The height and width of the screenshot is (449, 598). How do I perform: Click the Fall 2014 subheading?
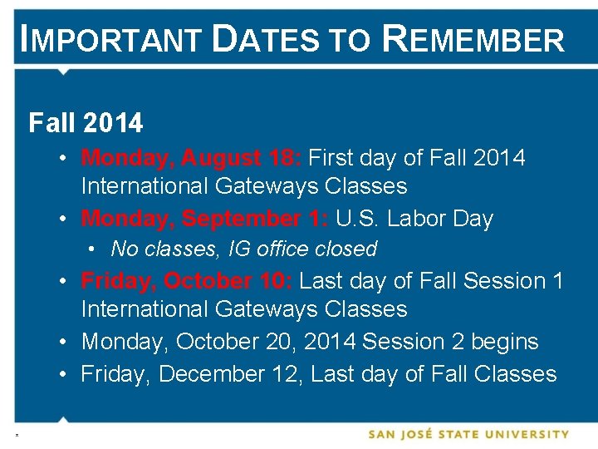[x=86, y=124]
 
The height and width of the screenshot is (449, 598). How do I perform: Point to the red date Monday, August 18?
[x=194, y=157]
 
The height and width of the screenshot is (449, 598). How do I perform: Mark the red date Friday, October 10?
[x=187, y=280]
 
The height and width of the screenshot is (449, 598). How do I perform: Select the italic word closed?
[x=347, y=249]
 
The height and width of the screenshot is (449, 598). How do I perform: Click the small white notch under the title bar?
[x=63, y=72]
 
